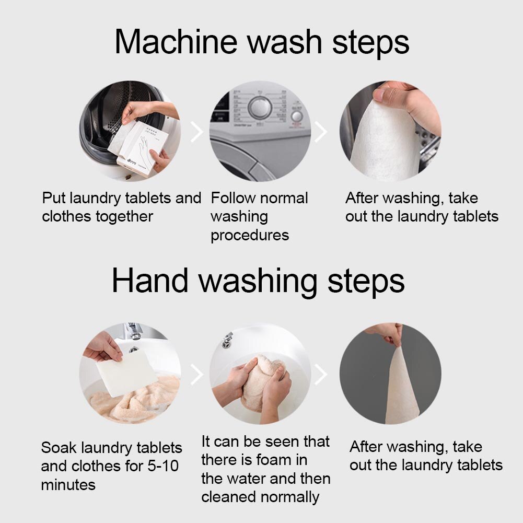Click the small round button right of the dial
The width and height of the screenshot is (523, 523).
(x=297, y=116)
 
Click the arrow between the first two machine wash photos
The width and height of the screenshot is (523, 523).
(x=196, y=133)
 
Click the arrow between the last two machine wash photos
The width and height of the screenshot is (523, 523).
(x=321, y=133)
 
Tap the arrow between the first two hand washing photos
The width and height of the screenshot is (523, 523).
(x=196, y=374)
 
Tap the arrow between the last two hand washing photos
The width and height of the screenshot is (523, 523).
(x=321, y=374)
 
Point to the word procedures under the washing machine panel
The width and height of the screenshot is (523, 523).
(x=249, y=235)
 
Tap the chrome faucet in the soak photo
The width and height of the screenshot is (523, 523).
(x=134, y=333)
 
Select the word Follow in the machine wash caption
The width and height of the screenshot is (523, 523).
(x=233, y=199)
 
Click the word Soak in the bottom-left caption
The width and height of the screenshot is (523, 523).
(x=59, y=448)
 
